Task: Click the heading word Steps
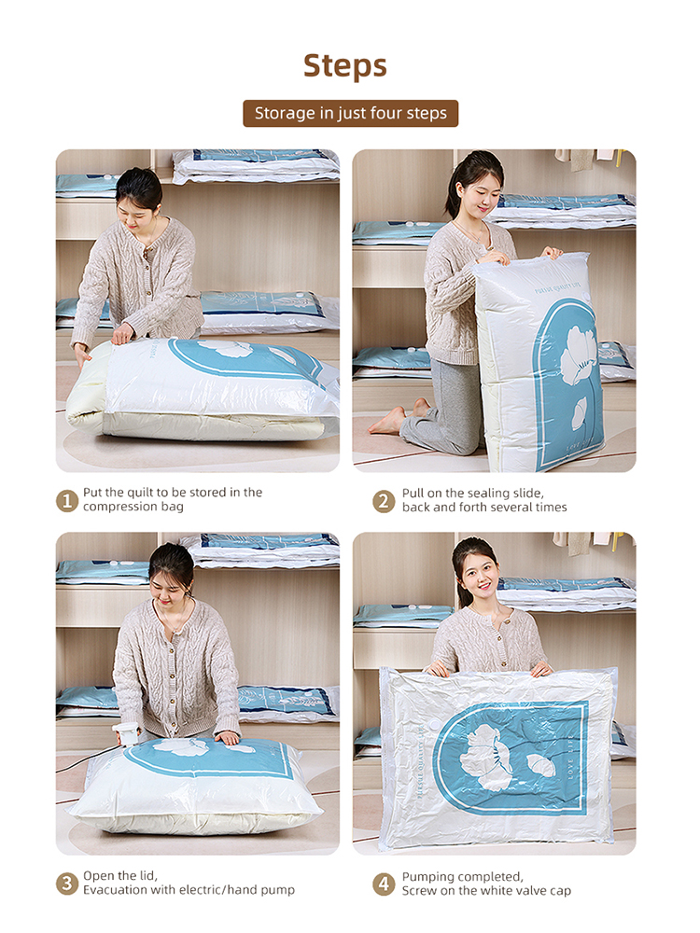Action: pyautogui.click(x=345, y=66)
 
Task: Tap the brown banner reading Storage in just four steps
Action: pyautogui.click(x=351, y=113)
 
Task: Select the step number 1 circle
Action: pyautogui.click(x=67, y=500)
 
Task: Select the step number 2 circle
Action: pyautogui.click(x=384, y=501)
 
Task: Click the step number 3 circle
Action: pyautogui.click(x=67, y=884)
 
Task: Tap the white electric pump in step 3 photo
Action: pyautogui.click(x=126, y=733)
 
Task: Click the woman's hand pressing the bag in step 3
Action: pyautogui.click(x=228, y=738)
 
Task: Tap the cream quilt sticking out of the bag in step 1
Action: pyautogui.click(x=90, y=393)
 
